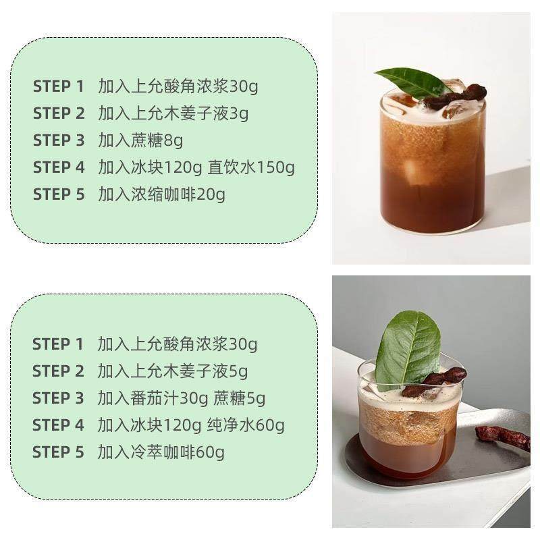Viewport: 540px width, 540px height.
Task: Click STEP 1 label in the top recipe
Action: coord(58,86)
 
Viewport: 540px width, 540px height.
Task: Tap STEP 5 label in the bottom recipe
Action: coord(58,452)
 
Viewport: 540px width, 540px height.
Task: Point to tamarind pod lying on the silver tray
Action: coord(503,437)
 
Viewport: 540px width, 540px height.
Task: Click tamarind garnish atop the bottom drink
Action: coord(435,382)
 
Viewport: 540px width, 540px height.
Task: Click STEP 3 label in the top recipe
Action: coord(58,140)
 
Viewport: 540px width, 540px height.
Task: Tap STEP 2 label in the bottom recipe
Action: coord(58,371)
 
